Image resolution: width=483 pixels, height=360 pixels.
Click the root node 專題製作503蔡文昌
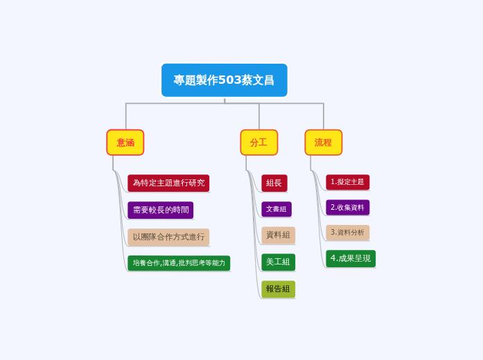(x=224, y=80)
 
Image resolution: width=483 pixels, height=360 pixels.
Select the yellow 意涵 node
(x=125, y=143)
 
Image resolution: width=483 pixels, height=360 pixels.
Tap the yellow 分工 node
(x=258, y=143)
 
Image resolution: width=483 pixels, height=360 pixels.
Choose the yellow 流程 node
(x=323, y=143)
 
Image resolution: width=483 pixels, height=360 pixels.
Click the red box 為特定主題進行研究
(x=168, y=183)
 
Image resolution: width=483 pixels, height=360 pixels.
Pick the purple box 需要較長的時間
(x=160, y=210)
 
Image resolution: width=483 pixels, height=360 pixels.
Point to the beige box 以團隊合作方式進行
(x=168, y=237)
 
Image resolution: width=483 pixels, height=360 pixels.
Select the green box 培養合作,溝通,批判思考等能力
(x=179, y=263)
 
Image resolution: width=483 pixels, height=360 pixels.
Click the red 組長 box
(x=274, y=183)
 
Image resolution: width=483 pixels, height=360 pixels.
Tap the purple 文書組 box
(x=276, y=209)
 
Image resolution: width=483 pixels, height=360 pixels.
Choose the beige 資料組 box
(x=278, y=235)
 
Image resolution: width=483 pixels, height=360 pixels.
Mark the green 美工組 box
(x=278, y=262)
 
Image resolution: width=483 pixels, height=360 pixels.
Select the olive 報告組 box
(x=278, y=289)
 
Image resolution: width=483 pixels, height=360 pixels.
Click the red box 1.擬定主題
(x=347, y=182)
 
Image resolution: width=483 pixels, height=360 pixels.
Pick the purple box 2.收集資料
(x=347, y=207)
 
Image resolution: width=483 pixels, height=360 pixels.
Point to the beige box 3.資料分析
(x=347, y=233)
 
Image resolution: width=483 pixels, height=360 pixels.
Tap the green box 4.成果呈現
(x=351, y=258)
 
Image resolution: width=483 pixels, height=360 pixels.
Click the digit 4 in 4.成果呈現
(x=333, y=258)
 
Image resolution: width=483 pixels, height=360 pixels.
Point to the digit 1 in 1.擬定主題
(x=333, y=182)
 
